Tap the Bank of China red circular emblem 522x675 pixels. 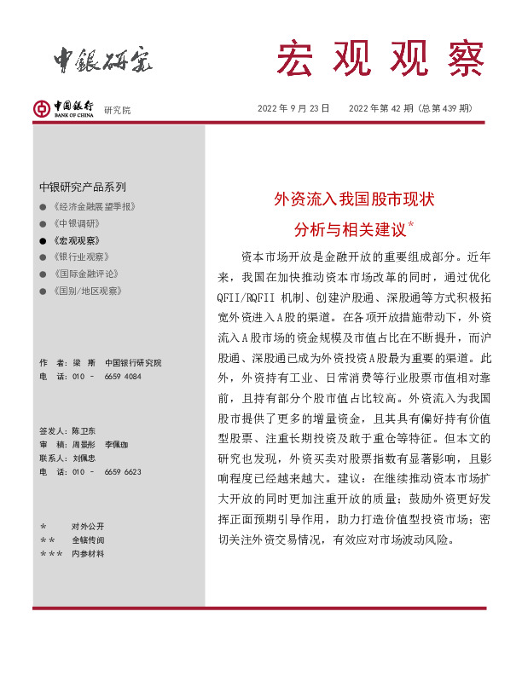coord(41,109)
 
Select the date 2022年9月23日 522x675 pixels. coord(293,108)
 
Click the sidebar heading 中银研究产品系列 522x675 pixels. coord(83,187)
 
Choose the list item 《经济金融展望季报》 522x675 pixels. coord(95,207)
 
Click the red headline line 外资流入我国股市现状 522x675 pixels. coord(354,199)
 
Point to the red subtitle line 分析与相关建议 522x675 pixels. coord(351,228)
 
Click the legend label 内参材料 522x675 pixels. coord(87,553)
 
